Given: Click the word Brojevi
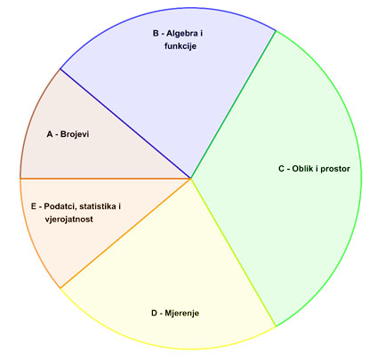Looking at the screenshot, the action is click(75, 134).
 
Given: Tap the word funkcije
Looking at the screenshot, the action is click(180, 46).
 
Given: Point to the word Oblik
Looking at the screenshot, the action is click(302, 169).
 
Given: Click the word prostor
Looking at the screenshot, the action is click(335, 169).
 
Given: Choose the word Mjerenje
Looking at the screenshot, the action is click(182, 313).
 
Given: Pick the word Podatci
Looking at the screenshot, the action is click(59, 206).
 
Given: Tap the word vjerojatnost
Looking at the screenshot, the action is click(69, 220).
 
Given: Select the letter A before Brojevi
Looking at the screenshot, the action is click(50, 134).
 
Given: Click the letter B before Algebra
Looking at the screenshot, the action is click(156, 33).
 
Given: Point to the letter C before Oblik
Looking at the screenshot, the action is click(282, 169).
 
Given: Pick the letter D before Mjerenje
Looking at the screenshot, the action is click(155, 313).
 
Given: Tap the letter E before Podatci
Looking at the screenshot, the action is click(34, 206).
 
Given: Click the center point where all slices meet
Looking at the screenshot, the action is click(191, 179).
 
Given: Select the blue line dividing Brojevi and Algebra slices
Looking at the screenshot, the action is click(125, 124).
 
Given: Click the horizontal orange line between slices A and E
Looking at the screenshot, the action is click(106, 179).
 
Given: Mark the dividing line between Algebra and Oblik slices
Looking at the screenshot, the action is click(234, 104).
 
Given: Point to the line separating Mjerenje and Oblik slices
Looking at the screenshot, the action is click(234, 252).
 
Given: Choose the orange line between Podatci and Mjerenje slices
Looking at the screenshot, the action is click(125, 233).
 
